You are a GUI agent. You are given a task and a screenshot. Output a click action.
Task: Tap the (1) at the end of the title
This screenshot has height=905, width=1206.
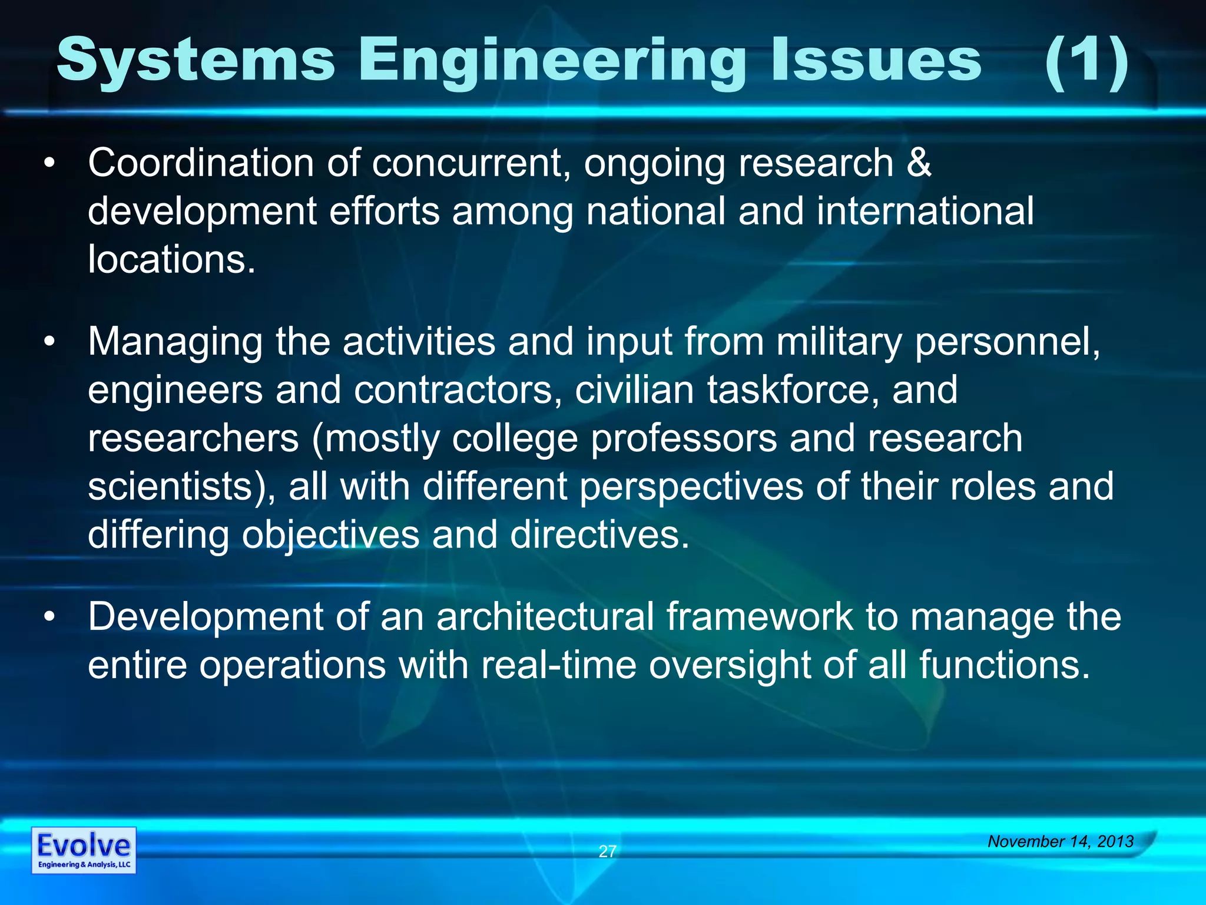tap(1086, 61)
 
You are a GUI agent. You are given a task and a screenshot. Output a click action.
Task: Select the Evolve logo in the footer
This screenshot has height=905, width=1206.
tap(84, 850)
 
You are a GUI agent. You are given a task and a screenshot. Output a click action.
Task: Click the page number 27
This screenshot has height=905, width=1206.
tap(607, 851)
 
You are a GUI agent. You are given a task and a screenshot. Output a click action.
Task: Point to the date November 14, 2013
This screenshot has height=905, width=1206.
tap(1061, 841)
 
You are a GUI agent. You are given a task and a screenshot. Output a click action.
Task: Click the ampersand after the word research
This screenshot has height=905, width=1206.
tap(919, 163)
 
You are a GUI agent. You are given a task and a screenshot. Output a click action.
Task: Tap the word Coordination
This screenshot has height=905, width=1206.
tap(201, 163)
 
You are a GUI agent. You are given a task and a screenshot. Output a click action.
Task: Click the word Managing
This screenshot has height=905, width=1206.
tap(175, 342)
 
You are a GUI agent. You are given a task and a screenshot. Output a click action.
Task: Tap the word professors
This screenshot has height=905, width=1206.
tap(684, 439)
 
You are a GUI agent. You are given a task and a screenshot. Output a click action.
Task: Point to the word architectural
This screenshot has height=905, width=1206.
tap(545, 617)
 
